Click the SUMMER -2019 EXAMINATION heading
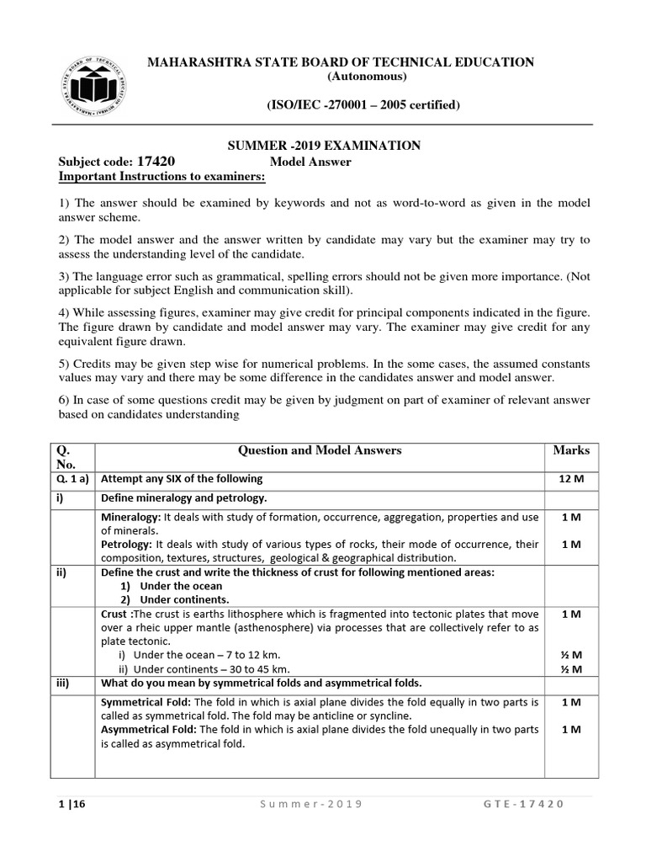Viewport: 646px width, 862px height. [325, 146]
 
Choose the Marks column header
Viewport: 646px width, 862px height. [571, 450]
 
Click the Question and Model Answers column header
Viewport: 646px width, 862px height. [320, 450]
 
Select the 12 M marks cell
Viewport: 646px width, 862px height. [571, 479]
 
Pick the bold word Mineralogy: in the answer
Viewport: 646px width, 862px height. [130, 517]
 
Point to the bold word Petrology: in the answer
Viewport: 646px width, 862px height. [127, 545]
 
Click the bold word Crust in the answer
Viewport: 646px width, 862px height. [115, 615]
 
